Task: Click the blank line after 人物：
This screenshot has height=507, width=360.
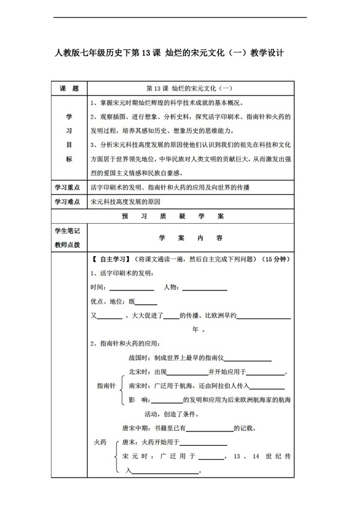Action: point(204,290)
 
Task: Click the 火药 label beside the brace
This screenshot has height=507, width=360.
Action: point(100,442)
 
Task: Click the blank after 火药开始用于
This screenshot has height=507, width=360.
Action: point(206,445)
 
